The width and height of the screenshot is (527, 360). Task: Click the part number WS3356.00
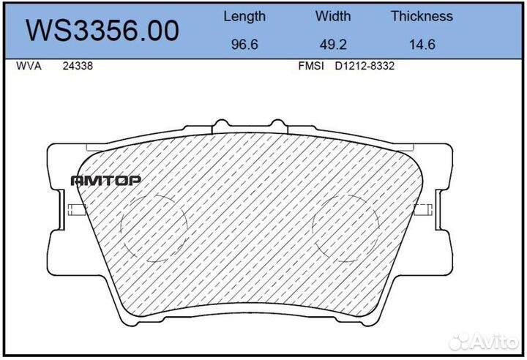pos(102,31)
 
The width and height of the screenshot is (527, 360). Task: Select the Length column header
pos(244,16)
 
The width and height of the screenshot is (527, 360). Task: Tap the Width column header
pos(333,16)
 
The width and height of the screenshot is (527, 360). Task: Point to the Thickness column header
pos(422,16)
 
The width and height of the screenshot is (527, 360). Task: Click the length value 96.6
pos(244,45)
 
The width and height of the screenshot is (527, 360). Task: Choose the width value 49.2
pos(333,45)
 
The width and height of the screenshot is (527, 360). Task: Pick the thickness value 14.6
pos(422,45)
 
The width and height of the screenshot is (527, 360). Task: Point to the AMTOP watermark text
pos(105,180)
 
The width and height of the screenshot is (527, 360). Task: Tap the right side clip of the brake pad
pos(424,209)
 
